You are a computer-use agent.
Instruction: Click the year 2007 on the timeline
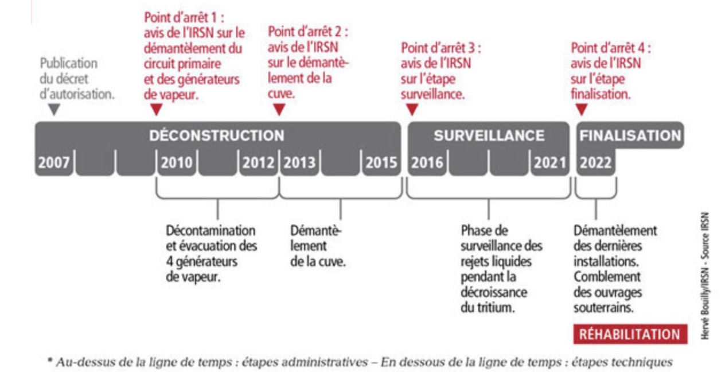coord(54,162)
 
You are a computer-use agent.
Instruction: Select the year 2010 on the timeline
coord(177,162)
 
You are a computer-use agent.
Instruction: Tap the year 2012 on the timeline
coord(258,162)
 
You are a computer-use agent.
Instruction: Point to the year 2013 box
coord(299,162)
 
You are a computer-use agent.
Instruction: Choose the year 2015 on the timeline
coord(381,162)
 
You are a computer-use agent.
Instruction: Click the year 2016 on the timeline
coord(427,162)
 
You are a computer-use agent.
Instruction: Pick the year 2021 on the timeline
coord(550,162)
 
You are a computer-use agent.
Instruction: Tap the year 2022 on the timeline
coord(595,162)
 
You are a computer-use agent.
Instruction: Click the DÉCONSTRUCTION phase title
coord(217,136)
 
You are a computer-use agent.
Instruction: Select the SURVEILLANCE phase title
coord(489,136)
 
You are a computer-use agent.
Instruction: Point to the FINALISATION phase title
coord(630,136)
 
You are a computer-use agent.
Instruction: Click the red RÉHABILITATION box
coord(630,334)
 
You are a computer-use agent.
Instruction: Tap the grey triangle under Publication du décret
coord(54,109)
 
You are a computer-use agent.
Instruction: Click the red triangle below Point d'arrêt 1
coord(157,109)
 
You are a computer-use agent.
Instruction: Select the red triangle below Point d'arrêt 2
coord(279,109)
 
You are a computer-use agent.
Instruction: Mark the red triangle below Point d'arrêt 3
coord(412,109)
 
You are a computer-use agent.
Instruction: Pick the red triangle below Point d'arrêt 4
coord(581,109)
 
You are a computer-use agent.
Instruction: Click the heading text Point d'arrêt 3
coord(441,48)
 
